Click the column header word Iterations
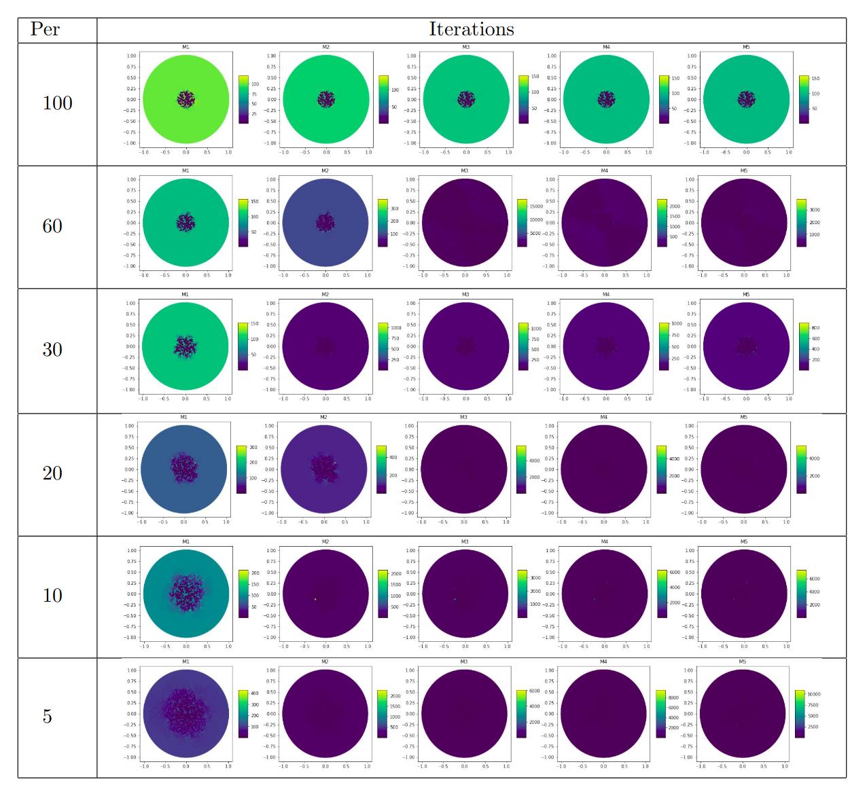click(471, 29)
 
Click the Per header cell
click(45, 29)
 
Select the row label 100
click(57, 103)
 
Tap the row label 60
click(52, 226)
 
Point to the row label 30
click(52, 350)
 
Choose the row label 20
click(52, 473)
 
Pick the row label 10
click(52, 596)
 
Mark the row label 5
click(47, 717)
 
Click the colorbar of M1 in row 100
click(243, 99)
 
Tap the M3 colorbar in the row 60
click(522, 223)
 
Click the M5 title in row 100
click(746, 47)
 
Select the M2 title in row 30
click(325, 294)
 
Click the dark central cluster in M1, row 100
click(185, 99)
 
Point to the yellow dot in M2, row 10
click(315, 599)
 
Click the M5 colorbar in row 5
click(799, 714)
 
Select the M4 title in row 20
click(603, 417)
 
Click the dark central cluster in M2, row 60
click(325, 222)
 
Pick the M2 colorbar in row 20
click(382, 469)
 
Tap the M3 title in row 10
click(465, 541)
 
